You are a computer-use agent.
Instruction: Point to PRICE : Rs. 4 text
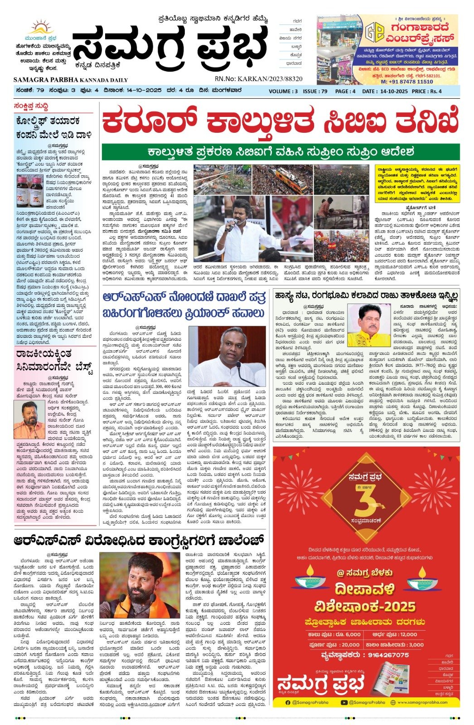[x=426, y=91]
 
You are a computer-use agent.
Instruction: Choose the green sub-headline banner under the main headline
[x=281, y=152]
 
